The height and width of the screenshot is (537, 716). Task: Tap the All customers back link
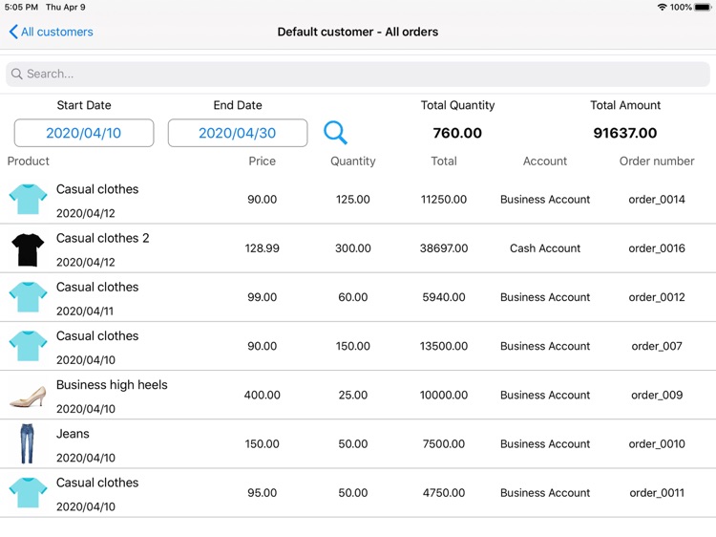[x=52, y=32]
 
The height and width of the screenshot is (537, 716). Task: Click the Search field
[x=358, y=74]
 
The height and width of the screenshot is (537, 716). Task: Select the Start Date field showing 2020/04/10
[x=84, y=133]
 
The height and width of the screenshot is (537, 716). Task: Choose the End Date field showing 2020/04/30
[x=238, y=133]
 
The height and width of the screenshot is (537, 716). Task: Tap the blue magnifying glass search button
[x=335, y=133]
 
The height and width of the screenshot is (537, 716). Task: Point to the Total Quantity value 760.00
[x=457, y=133]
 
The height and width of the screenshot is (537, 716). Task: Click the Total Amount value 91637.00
[x=625, y=133]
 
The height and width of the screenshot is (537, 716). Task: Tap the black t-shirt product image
[x=28, y=248]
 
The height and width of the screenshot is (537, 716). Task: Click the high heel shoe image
[x=28, y=395]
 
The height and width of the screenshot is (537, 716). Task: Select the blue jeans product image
[x=28, y=443]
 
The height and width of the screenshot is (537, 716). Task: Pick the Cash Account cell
[x=545, y=248]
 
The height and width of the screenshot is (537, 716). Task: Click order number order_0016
[x=657, y=248]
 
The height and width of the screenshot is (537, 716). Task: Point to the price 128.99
[x=263, y=248]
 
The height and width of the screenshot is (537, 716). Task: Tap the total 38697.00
[x=444, y=248]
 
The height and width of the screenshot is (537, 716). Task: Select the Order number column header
[x=657, y=161]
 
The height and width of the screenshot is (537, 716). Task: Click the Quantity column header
[x=353, y=161]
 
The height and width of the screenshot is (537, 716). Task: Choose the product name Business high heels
[x=112, y=385]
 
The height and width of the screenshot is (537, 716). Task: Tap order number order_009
[x=657, y=395]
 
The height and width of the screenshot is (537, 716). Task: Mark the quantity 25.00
[x=353, y=395]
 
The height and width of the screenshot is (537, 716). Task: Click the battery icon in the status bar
[x=703, y=7]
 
